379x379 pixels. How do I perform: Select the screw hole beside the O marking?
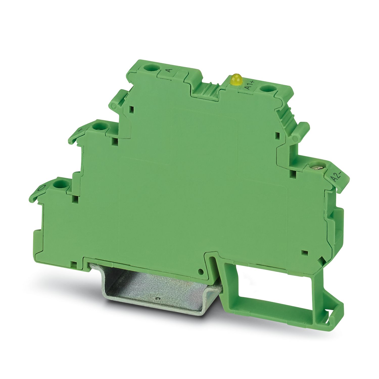[59, 184]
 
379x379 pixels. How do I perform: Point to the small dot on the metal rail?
[158, 299]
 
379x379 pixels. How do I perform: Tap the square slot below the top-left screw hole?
[132, 109]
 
